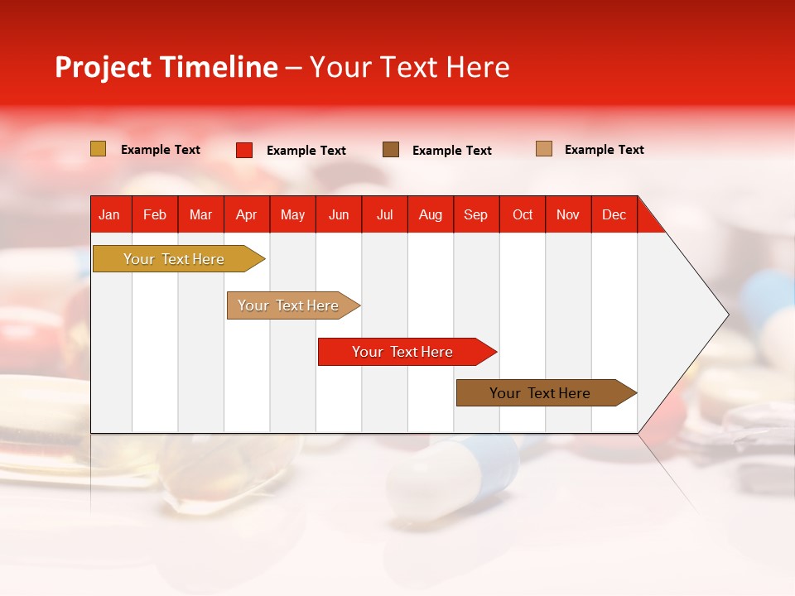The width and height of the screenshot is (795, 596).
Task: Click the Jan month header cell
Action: click(110, 214)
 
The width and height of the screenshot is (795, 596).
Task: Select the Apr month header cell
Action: click(247, 214)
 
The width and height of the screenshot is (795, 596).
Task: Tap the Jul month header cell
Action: click(384, 214)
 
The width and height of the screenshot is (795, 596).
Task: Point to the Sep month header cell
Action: click(476, 214)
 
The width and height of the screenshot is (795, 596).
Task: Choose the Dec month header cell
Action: click(614, 214)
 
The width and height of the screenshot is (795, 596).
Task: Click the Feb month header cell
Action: click(155, 214)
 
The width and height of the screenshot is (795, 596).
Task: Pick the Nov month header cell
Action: click(568, 214)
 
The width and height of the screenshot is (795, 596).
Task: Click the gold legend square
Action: click(99, 149)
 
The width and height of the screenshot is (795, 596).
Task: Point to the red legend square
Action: click(244, 150)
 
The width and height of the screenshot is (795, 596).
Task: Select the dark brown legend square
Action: click(391, 149)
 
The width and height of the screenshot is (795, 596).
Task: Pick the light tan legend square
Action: click(544, 149)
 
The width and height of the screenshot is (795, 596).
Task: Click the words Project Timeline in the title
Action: click(166, 67)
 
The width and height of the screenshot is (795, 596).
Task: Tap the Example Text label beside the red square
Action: click(306, 151)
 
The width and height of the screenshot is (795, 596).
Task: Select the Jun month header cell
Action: click(339, 214)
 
